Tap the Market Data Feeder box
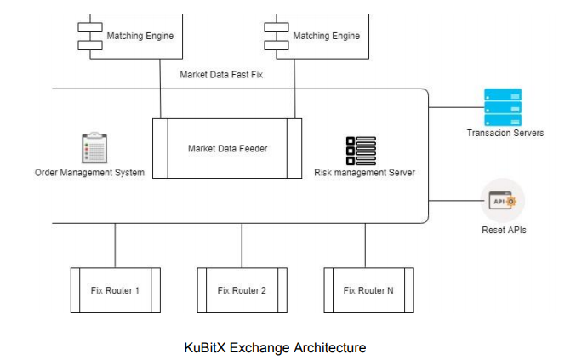(x=227, y=149)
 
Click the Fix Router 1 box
(x=115, y=291)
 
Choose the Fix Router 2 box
(x=242, y=291)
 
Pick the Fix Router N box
(x=368, y=291)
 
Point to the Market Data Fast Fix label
(x=221, y=75)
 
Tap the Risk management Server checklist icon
(x=361, y=151)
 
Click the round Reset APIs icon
(x=503, y=200)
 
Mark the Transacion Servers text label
(x=505, y=133)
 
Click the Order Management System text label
(x=89, y=173)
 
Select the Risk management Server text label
(x=365, y=173)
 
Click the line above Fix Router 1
(x=115, y=245)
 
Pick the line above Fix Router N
(x=366, y=245)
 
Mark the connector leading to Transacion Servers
(x=455, y=107)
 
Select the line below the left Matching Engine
(x=161, y=89)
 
